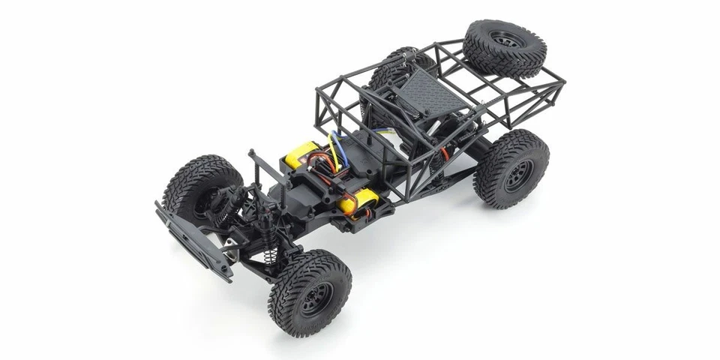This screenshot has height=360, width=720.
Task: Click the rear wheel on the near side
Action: (511, 167)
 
